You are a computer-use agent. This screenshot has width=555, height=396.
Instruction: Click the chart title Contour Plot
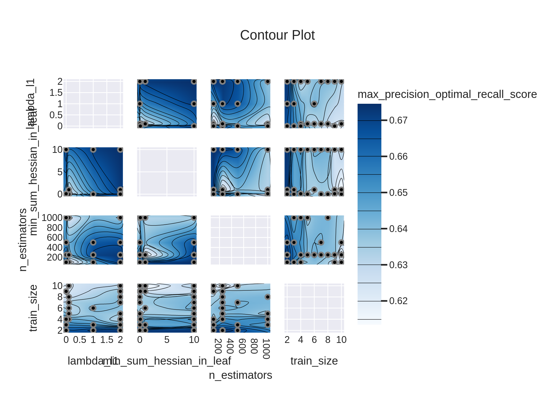pos(277,35)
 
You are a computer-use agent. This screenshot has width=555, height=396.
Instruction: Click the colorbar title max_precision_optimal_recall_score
pos(447,94)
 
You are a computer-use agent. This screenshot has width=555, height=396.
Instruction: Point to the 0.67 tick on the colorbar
pos(398,120)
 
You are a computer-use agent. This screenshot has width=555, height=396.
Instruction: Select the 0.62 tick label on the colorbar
pos(398,301)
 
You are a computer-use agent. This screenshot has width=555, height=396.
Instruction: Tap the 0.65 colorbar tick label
pos(398,193)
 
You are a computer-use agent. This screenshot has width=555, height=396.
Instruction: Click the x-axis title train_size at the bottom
pos(314,361)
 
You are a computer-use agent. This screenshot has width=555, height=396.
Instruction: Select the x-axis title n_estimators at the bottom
pos(240,375)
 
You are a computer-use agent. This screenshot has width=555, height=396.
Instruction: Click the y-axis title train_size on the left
pos(33,308)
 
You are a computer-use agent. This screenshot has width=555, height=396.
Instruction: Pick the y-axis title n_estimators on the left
pos(23,240)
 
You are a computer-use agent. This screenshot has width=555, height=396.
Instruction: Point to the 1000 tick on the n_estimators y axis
pos(52,218)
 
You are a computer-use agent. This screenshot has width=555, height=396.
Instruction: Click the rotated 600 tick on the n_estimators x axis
pos(242,346)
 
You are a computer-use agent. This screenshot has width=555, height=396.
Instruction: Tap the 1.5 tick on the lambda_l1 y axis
pos(56,93)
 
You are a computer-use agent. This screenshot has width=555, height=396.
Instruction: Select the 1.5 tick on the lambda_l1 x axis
pos(107,340)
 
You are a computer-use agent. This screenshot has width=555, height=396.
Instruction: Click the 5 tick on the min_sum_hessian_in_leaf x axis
pos(167,340)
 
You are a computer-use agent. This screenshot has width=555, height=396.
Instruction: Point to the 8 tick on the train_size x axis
pos(328,340)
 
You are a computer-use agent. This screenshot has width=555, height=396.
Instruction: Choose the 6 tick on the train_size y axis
pos(60,308)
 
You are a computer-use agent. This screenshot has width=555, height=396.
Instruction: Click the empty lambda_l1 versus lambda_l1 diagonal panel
pos(93,103)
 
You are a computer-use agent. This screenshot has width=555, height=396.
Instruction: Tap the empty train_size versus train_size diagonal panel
pos(314,308)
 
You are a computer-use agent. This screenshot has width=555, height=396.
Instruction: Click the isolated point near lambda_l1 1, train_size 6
pos(93,308)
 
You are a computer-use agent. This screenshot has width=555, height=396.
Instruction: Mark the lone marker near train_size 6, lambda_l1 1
pos(314,103)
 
